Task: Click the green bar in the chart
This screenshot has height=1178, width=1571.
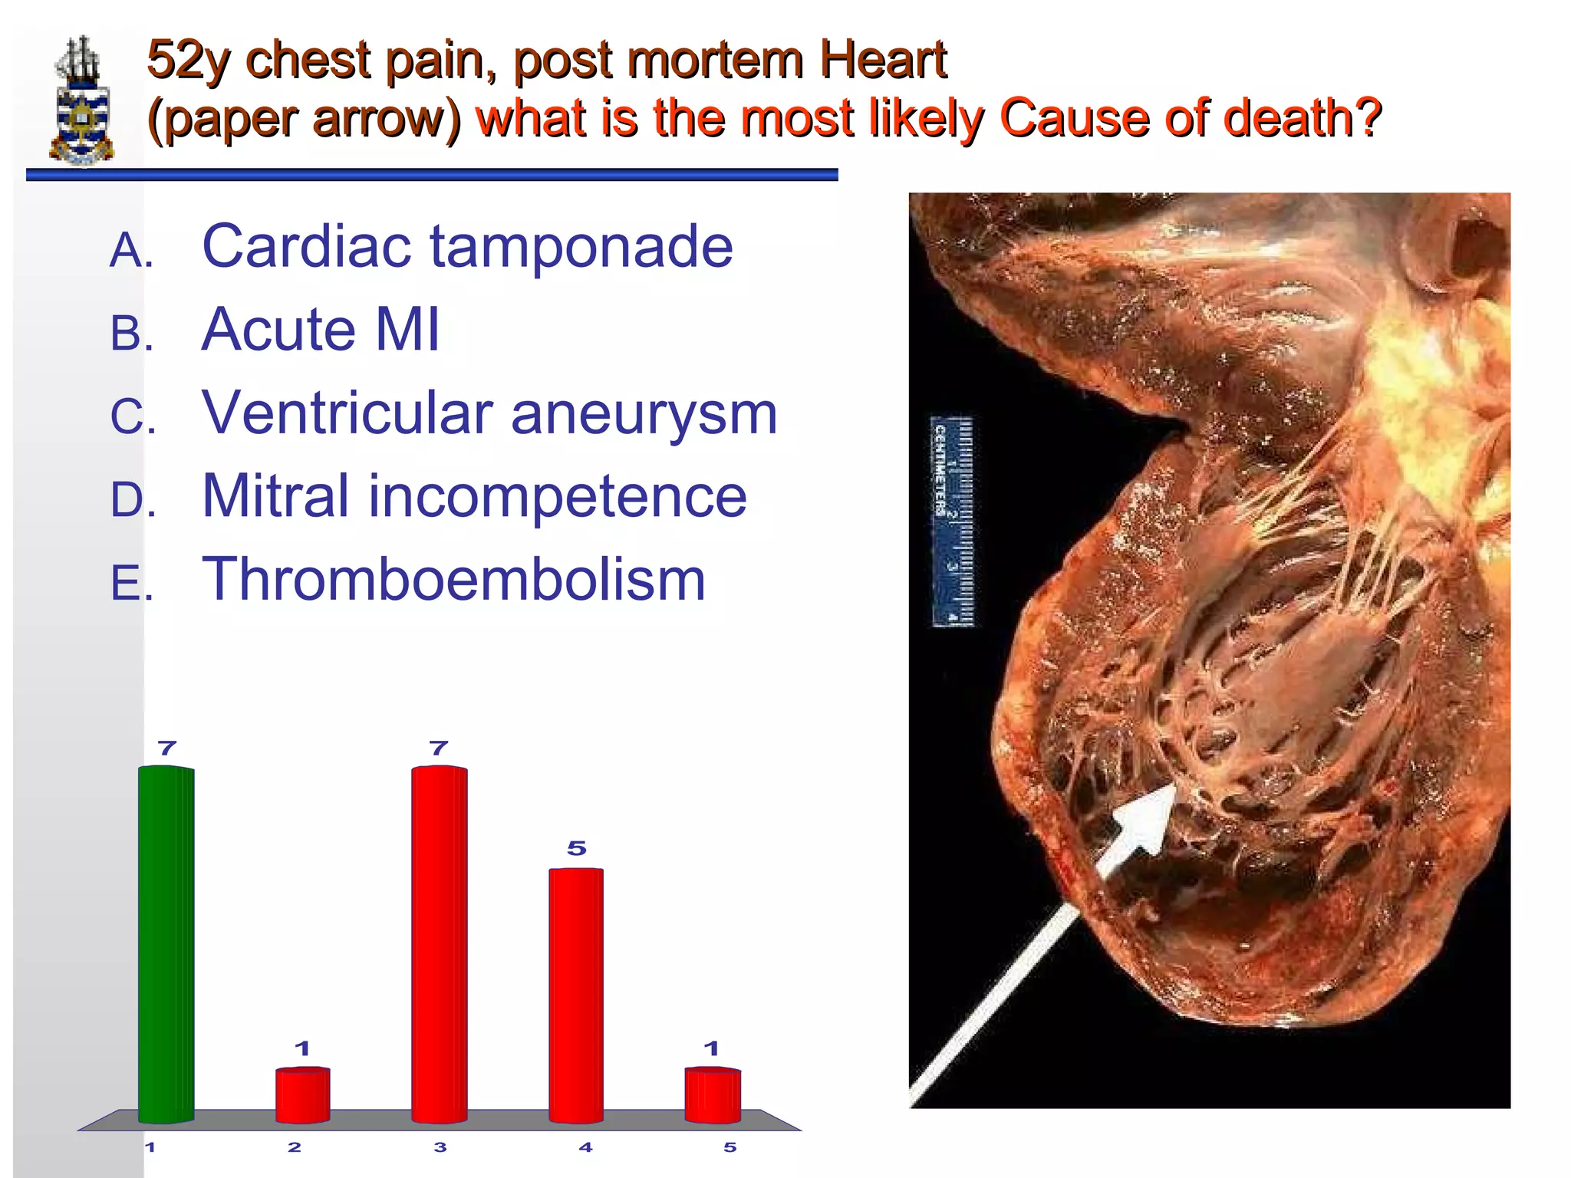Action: [x=166, y=943]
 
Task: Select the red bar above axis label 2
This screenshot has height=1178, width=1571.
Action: [x=303, y=1094]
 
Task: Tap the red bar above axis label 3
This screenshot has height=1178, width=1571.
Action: [x=439, y=943]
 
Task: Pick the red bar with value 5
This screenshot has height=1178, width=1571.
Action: [x=576, y=995]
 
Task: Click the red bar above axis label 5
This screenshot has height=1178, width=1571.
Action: [x=713, y=1094]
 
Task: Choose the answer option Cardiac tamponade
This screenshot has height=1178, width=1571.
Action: [x=466, y=247]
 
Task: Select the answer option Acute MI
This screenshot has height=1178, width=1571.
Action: [x=321, y=330]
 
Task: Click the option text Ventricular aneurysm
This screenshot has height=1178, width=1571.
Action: [x=489, y=413]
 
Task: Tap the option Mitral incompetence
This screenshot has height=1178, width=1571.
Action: [x=473, y=496]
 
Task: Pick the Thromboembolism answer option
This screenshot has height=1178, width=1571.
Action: [x=453, y=579]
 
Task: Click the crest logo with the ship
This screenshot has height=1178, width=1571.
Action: [x=81, y=100]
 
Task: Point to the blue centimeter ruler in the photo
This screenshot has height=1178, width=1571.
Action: [x=952, y=522]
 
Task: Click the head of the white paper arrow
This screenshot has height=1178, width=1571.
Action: [x=1143, y=824]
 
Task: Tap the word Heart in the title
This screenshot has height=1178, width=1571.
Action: [x=882, y=60]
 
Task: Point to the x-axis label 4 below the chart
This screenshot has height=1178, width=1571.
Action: [x=585, y=1147]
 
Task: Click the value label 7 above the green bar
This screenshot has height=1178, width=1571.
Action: [x=167, y=748]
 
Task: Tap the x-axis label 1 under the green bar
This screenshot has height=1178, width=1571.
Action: [x=150, y=1147]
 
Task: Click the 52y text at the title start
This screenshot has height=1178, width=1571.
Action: [x=188, y=60]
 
